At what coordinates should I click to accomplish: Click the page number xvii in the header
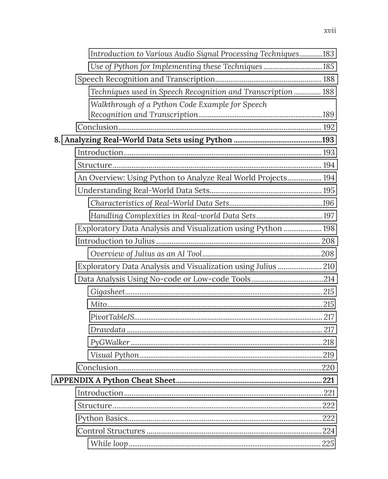tap(330, 30)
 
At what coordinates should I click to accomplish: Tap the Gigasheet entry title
tap(107, 292)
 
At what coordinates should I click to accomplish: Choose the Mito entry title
tap(98, 304)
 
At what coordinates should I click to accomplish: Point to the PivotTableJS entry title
tap(112, 317)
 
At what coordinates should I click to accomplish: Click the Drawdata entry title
tap(108, 329)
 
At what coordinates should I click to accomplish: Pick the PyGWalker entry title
tap(110, 342)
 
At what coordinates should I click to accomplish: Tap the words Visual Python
tap(114, 355)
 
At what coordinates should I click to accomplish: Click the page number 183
tap(328, 54)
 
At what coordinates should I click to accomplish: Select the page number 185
tap(328, 67)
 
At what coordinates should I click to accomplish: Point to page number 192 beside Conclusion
tap(329, 127)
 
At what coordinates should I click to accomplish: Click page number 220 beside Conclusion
tap(328, 368)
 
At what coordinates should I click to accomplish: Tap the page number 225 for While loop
tap(328, 443)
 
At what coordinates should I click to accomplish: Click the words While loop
tap(109, 443)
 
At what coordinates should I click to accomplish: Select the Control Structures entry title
tap(111, 431)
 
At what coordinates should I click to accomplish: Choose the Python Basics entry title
tap(102, 418)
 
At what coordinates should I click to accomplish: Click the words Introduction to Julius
tap(116, 241)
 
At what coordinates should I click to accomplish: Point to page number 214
tap(329, 279)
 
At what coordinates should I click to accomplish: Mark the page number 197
tap(328, 216)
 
